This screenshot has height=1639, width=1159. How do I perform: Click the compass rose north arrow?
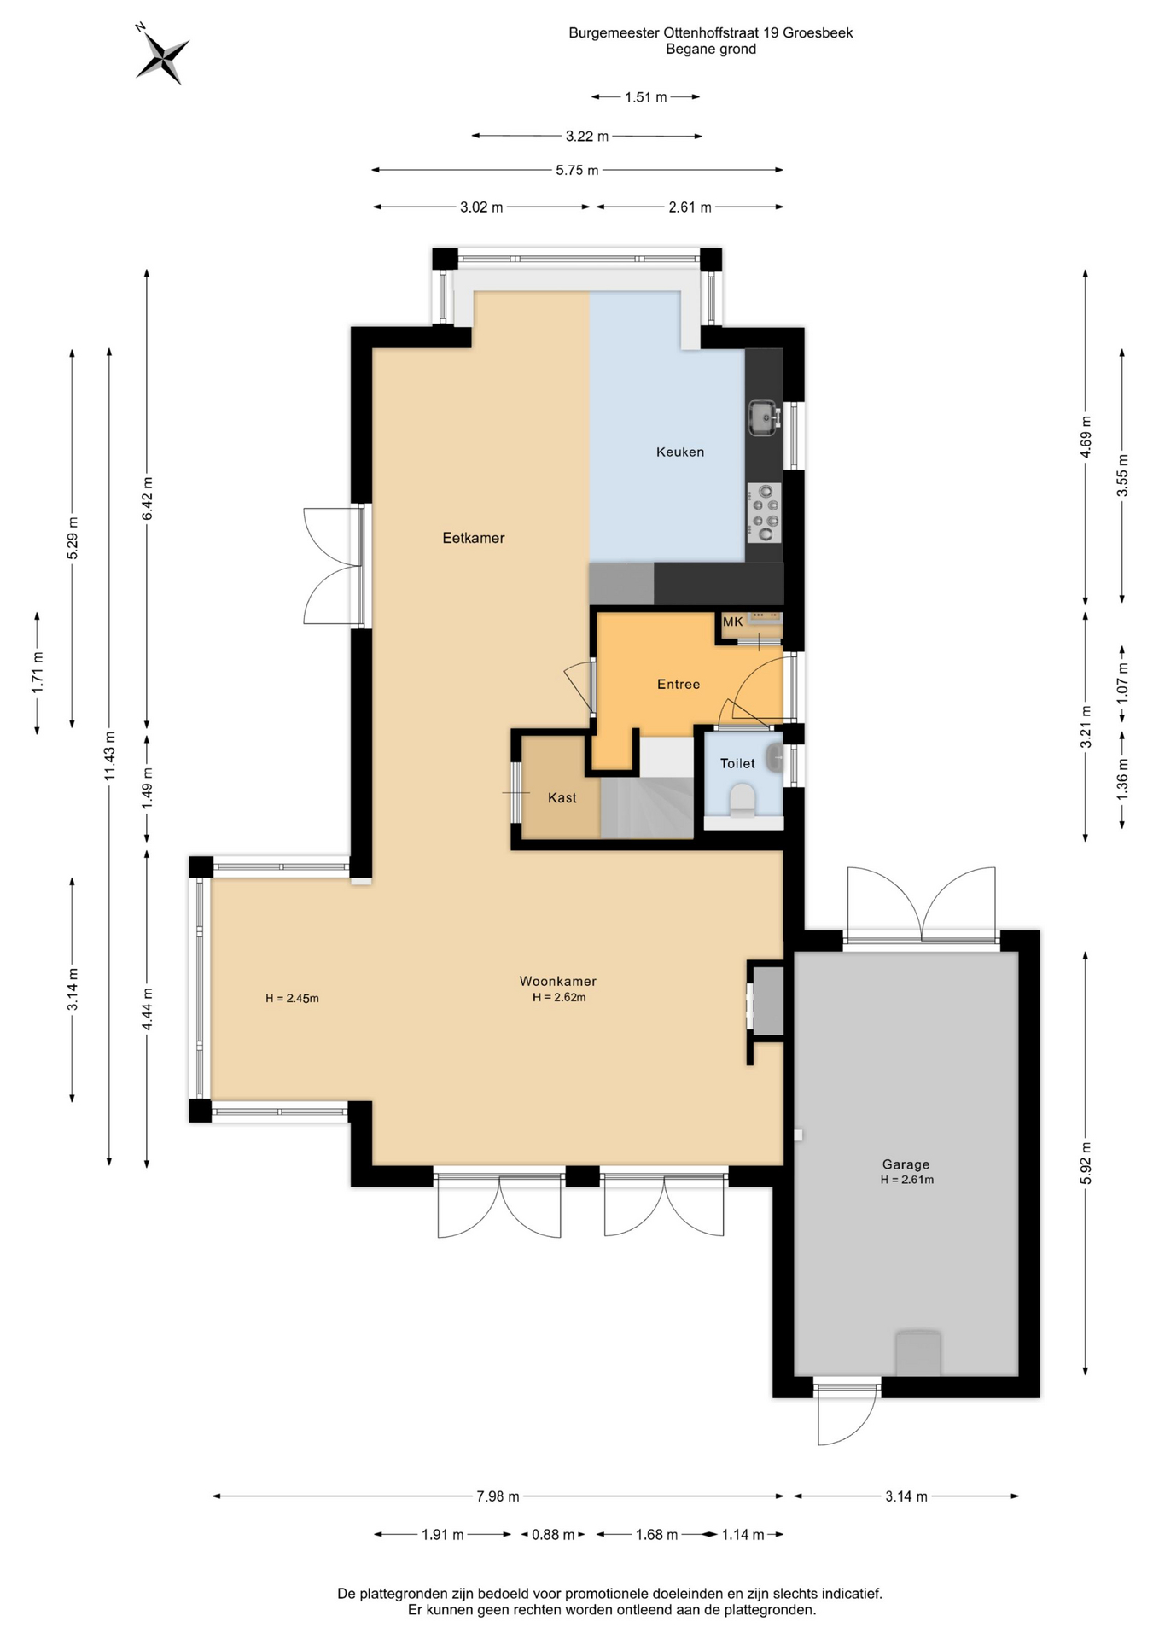[162, 55]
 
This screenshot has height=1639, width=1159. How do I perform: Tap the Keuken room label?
[680, 452]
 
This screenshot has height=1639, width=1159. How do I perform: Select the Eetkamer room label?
[474, 538]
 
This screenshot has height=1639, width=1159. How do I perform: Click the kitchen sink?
[765, 417]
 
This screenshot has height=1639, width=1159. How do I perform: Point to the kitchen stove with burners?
[764, 512]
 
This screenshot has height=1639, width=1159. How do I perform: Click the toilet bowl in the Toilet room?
[743, 802]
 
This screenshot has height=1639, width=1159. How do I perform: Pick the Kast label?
[562, 798]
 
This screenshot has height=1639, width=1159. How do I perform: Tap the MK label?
[733, 622]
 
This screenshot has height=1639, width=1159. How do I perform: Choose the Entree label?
[679, 685]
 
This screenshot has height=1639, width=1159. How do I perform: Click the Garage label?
[906, 1164]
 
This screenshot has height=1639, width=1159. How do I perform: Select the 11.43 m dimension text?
[109, 756]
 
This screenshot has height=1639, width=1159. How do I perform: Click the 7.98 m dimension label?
[498, 1496]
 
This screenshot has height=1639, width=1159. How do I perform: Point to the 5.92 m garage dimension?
[1086, 1164]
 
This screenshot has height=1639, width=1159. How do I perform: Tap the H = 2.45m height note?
[292, 999]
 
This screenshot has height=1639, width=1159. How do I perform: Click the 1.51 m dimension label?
[646, 97]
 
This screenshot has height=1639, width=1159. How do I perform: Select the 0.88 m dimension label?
[553, 1535]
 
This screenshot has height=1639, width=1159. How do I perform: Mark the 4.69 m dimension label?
[1086, 437]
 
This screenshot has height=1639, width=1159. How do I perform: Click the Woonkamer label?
[558, 982]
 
